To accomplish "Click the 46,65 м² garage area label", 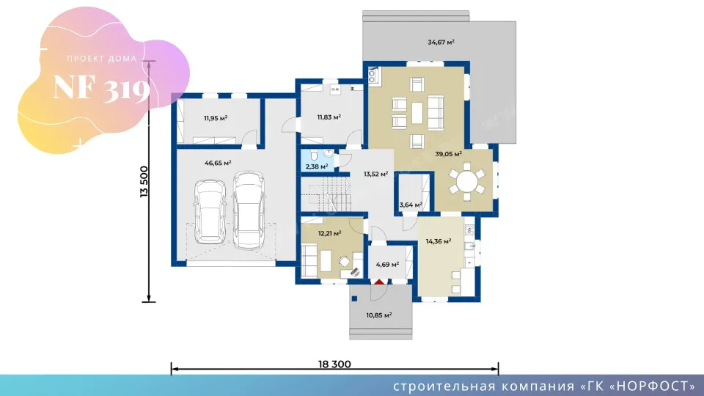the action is (218, 163).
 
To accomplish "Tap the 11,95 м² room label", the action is (216, 118).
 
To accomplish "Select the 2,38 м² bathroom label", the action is (317, 166).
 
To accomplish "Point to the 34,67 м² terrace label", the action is (441, 43).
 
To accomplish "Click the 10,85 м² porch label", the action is (379, 315).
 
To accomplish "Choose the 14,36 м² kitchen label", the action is (439, 241).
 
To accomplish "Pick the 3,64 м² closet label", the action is (411, 205).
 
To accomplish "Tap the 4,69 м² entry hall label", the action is (387, 265).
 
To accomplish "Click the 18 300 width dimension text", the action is (334, 364).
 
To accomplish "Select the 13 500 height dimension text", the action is (144, 182).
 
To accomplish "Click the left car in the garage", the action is (210, 211).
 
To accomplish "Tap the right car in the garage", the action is (249, 210).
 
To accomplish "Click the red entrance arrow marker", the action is (379, 282).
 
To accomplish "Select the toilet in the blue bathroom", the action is (314, 155).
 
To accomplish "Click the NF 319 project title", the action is (101, 87).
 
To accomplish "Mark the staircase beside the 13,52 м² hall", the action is (326, 194).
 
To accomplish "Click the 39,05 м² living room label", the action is (449, 154).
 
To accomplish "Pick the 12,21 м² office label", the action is (329, 233).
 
